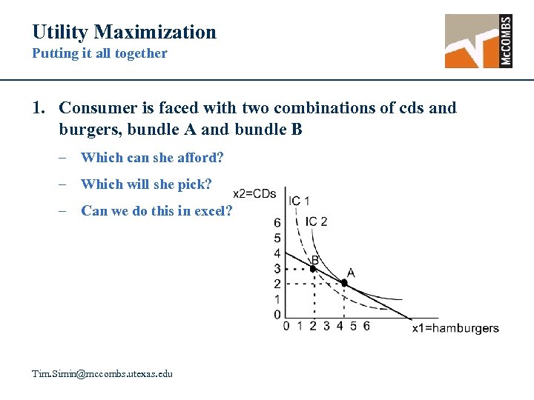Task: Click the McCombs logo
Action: coord(478,41)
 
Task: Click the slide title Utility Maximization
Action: coord(124,32)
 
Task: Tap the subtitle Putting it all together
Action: coord(99,53)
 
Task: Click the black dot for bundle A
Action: coord(343,282)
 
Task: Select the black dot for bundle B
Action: coord(313,268)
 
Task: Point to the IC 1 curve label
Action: coord(300,201)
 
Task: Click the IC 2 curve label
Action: coord(316,221)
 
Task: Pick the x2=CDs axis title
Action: coord(254,194)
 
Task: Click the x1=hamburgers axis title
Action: coord(455,328)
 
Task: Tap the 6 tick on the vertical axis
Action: coord(277,222)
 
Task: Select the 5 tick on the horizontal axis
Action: coord(353,326)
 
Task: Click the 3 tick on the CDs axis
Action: coord(277,268)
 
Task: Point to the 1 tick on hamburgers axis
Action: coord(300,326)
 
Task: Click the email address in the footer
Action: coord(102,374)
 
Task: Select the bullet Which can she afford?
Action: coord(152,157)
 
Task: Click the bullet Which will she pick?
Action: coord(146,184)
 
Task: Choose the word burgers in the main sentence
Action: coord(87,130)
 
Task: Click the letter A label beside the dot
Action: coord(350,273)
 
